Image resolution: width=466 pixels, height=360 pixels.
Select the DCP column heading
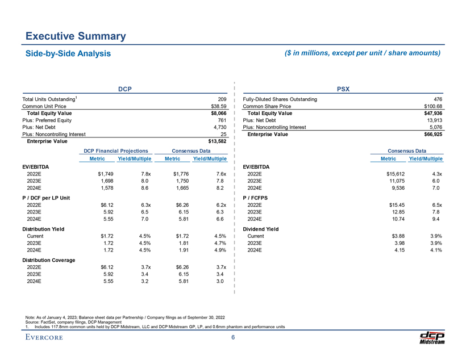[125, 89]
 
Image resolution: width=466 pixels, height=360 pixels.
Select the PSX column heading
[343, 89]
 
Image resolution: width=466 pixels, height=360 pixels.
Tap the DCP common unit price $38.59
[219, 106]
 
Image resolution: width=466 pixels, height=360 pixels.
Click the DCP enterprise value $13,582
[215, 141]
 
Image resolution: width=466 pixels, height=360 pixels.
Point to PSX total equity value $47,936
[431, 113]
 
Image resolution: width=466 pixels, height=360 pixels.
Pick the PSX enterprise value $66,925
[431, 134]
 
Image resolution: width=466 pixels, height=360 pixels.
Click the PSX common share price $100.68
[430, 106]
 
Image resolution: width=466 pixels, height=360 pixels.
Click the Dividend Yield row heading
[260, 228]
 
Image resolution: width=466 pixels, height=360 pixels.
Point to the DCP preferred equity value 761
[222, 120]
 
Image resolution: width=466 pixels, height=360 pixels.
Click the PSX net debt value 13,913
[434, 120]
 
